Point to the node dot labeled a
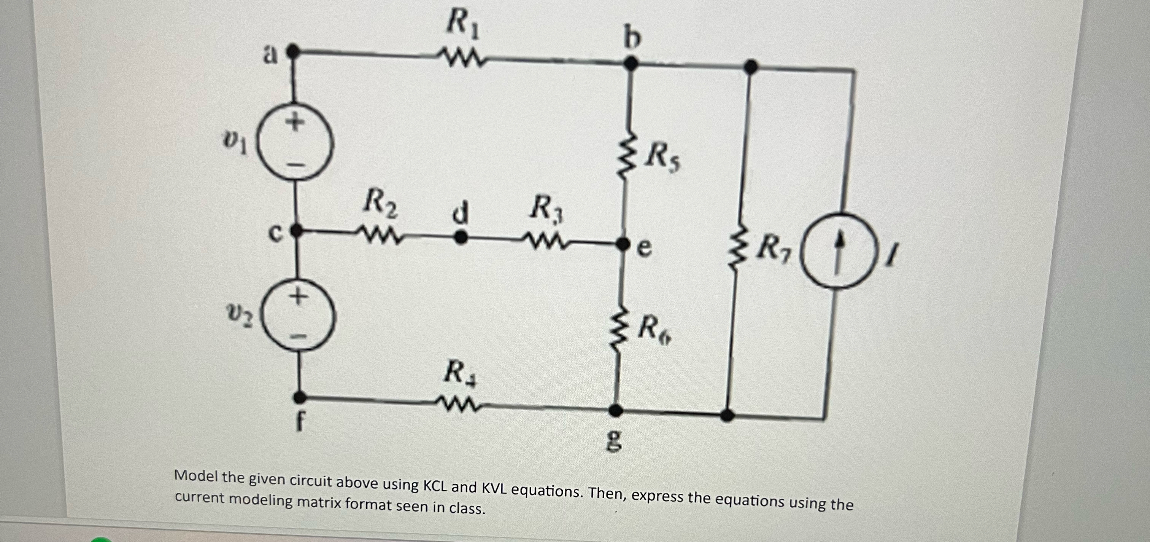pos(292,51)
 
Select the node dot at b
pos(631,64)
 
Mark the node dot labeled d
pos(460,237)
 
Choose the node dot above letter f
pos(300,396)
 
